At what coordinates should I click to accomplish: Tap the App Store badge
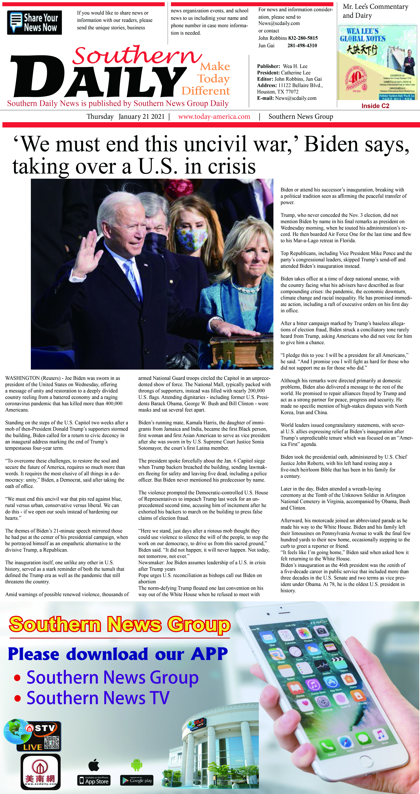[94, 780]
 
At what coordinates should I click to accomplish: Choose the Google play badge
[137, 780]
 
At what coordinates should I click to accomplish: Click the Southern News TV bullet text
[98, 698]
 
